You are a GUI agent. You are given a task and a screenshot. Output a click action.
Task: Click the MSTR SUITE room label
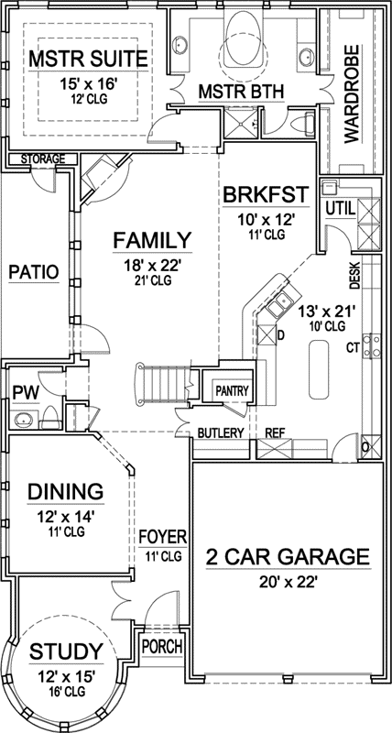(x=88, y=60)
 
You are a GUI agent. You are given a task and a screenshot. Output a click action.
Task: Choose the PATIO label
(x=33, y=272)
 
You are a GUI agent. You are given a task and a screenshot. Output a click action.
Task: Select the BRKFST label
(x=256, y=196)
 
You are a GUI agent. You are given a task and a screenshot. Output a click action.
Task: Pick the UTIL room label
(x=340, y=211)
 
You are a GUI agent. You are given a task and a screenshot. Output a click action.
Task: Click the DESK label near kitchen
(x=353, y=274)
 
